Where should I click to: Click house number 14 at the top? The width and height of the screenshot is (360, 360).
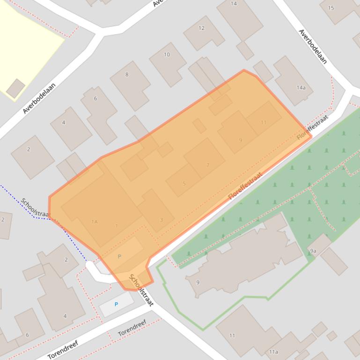pyautogui.click(x=234, y=4)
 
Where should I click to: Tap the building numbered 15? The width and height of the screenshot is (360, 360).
pyautogui.click(x=331, y=8)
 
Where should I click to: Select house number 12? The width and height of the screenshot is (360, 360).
pyautogui.click(x=201, y=28)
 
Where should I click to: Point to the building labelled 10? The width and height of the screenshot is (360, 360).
pyautogui.click(x=167, y=55)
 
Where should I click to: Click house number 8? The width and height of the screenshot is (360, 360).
pyautogui.click(x=126, y=74)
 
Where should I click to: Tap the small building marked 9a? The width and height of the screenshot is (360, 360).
pyautogui.click(x=313, y=251)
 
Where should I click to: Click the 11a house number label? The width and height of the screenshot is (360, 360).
pyautogui.click(x=273, y=352)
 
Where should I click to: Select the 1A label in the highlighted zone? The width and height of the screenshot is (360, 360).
pyautogui.click(x=95, y=222)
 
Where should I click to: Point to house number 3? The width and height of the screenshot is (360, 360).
pyautogui.click(x=161, y=220)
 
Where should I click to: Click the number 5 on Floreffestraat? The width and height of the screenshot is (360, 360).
pyautogui.click(x=184, y=183)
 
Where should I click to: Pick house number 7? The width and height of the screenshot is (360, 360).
pyautogui.click(x=208, y=165)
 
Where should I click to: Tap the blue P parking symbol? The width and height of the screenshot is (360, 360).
pyautogui.click(x=116, y=304)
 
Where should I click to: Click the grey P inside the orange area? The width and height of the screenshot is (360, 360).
pyautogui.click(x=119, y=256)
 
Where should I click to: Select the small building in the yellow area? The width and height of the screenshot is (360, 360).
pyautogui.click(x=15, y=88)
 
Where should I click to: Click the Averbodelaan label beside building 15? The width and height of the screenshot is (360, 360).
pyautogui.click(x=312, y=47)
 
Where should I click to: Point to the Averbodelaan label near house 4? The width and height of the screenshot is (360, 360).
pyautogui.click(x=39, y=98)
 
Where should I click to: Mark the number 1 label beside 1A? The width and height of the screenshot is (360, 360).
pyautogui.click(x=117, y=226)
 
